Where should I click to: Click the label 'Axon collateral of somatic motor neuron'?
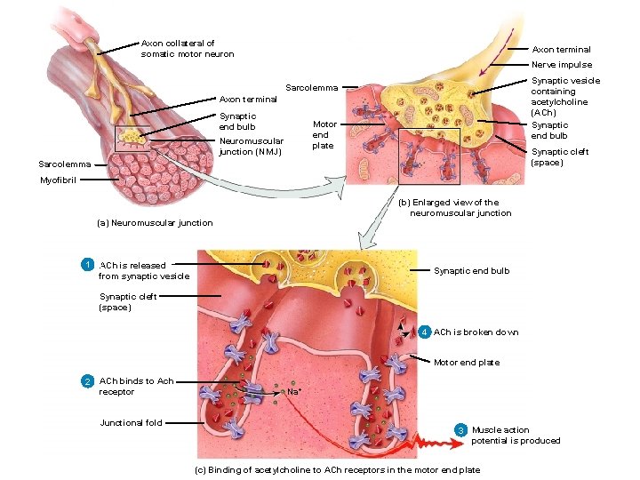click(187, 48)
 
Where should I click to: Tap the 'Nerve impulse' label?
click(561, 65)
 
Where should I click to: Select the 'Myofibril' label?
click(59, 180)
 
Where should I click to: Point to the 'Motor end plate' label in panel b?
click(324, 134)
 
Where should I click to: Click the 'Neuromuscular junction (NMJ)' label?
click(251, 146)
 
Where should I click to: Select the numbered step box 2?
click(87, 381)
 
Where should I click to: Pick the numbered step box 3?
click(460, 430)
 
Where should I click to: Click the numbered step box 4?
click(424, 332)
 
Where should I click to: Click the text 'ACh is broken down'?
click(476, 332)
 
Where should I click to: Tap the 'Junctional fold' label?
click(131, 423)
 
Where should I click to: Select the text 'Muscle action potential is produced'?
click(516, 435)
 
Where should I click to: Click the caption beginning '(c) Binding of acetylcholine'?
click(336, 469)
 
